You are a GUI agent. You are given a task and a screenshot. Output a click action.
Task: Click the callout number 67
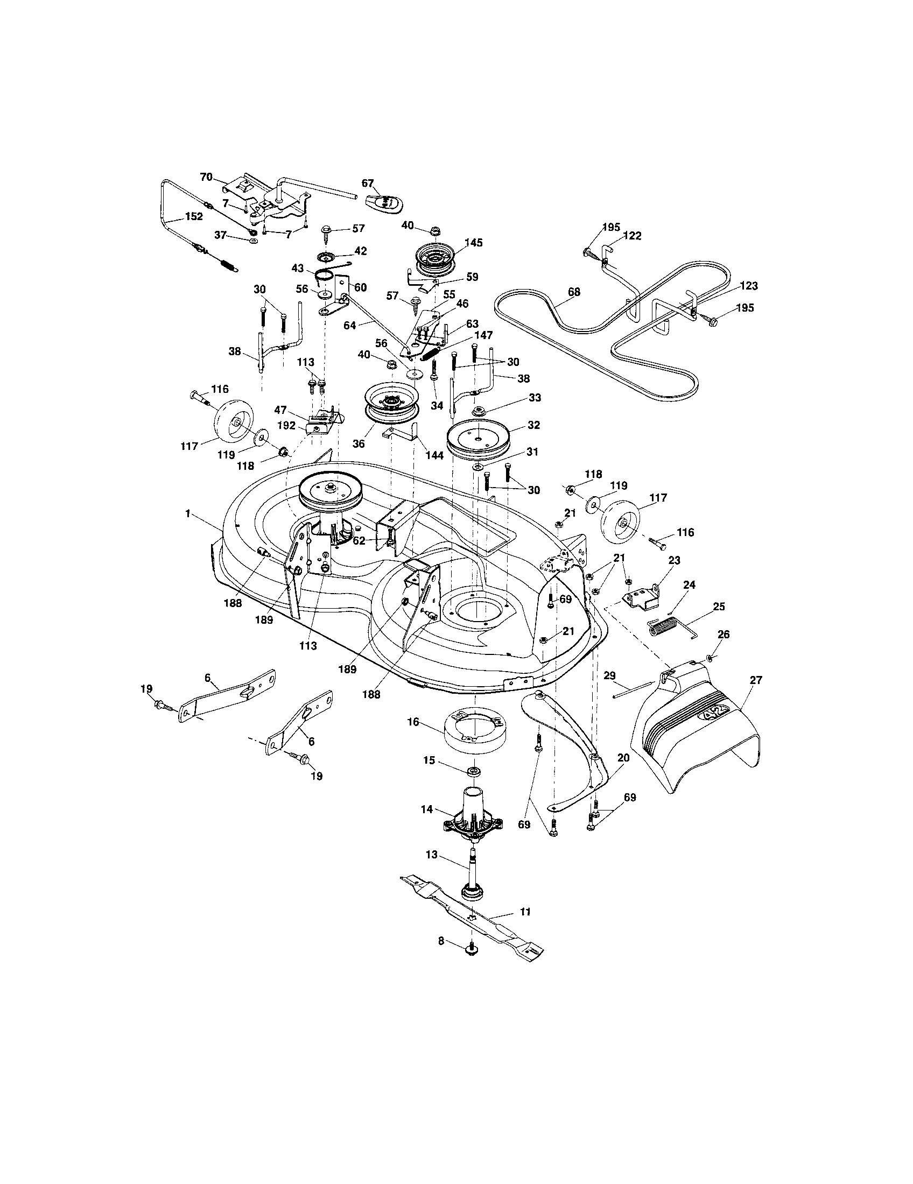click(368, 183)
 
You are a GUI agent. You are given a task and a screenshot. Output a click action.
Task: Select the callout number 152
click(194, 216)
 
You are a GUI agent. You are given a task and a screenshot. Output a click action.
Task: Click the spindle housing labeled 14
click(473, 819)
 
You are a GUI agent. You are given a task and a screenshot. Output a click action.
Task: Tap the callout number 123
click(748, 286)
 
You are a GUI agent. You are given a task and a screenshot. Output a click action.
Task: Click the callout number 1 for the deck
click(187, 513)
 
